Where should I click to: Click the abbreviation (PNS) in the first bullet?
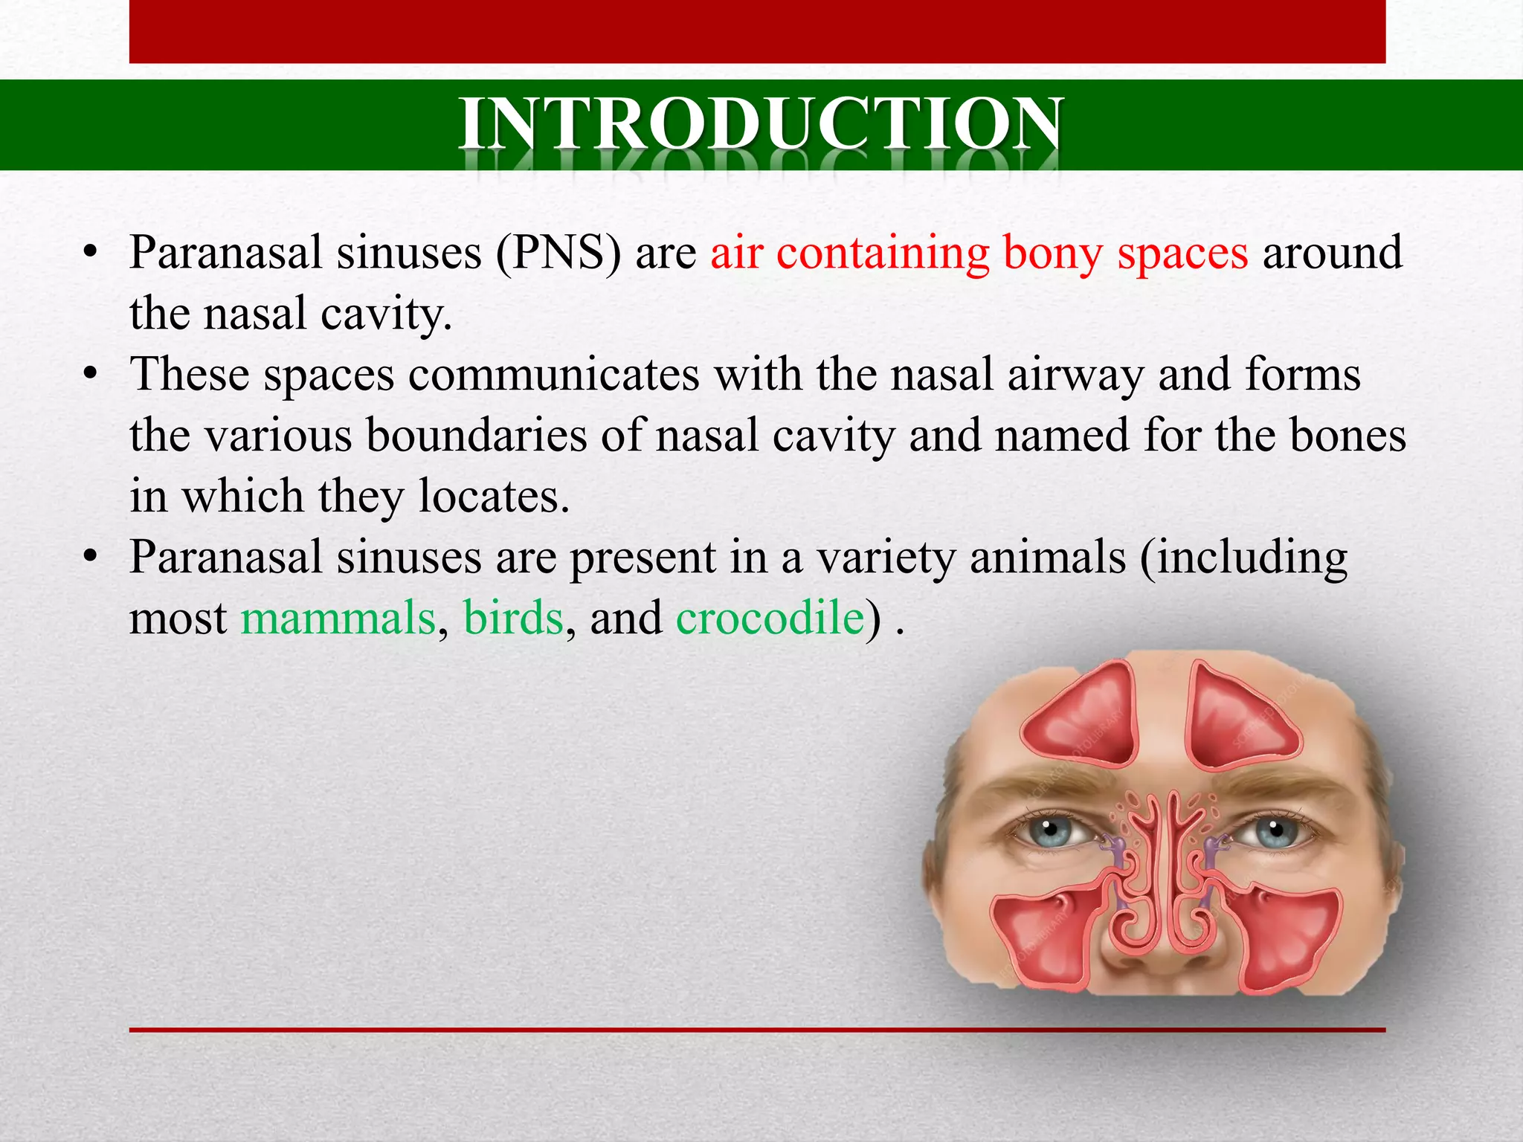point(558,253)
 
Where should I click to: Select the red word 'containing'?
point(883,253)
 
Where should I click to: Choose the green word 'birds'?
point(513,618)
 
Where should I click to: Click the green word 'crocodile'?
point(770,618)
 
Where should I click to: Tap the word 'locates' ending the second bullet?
point(494,496)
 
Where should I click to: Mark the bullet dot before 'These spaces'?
point(91,374)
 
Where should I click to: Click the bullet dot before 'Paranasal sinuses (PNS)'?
point(91,253)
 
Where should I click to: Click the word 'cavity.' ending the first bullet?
point(386,314)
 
